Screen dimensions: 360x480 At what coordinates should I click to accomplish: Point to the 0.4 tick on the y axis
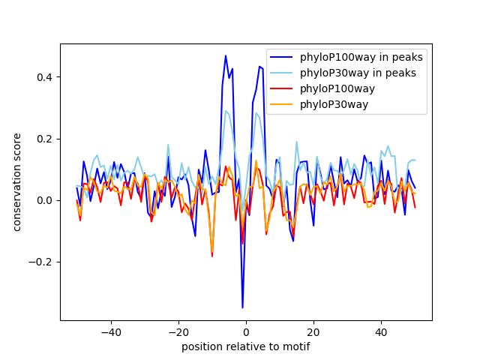[x=46, y=77]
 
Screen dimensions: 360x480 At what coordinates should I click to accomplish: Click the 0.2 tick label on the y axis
[x=46, y=139]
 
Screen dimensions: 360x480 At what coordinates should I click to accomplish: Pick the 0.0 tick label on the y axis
[x=46, y=200]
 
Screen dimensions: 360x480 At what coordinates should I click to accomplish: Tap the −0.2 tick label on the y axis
[x=43, y=262]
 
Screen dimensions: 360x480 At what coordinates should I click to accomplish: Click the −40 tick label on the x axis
[x=110, y=332]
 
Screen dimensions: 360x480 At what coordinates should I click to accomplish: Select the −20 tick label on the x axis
[x=178, y=332]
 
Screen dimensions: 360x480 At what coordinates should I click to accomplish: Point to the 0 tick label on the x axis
[x=246, y=332]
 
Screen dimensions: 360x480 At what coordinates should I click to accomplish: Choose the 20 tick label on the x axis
[x=313, y=332]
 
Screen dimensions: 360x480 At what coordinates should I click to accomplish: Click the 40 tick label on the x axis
[x=381, y=332]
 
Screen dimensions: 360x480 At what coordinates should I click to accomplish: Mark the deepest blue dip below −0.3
[x=242, y=307]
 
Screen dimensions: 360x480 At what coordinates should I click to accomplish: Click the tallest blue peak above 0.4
[x=226, y=55]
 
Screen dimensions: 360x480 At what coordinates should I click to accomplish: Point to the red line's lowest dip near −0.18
[x=212, y=256]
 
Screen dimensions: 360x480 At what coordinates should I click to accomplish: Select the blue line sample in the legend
[x=282, y=57]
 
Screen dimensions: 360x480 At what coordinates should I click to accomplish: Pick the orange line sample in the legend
[x=282, y=104]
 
